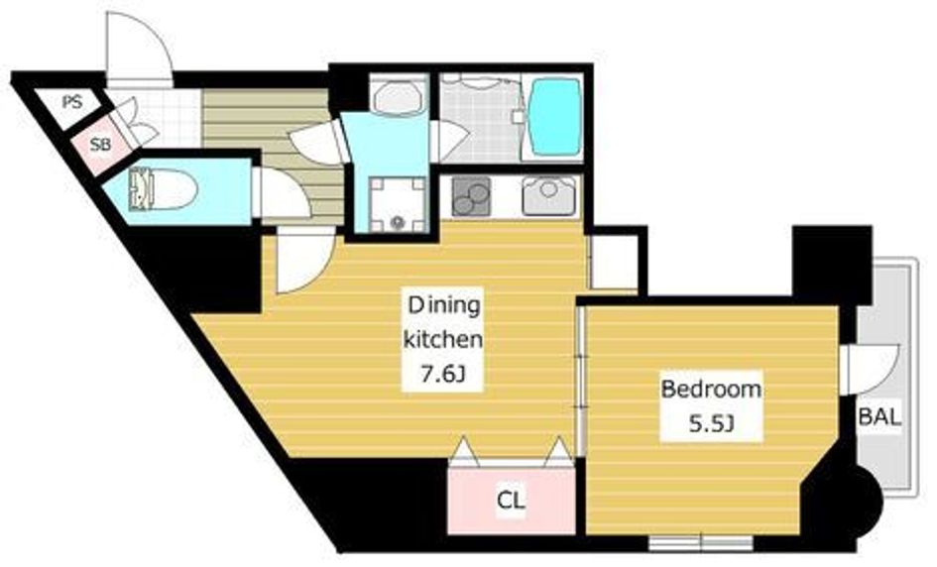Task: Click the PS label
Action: pyautogui.click(x=72, y=102)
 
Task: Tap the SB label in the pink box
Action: pyautogui.click(x=100, y=144)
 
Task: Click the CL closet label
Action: pyautogui.click(x=511, y=500)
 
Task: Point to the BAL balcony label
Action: pyautogui.click(x=879, y=416)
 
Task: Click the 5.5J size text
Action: pyautogui.click(x=711, y=423)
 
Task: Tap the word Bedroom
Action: pyautogui.click(x=711, y=389)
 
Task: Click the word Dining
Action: pyautogui.click(x=443, y=305)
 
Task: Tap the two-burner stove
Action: pyautogui.click(x=471, y=196)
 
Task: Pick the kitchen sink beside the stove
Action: pyautogui.click(x=549, y=196)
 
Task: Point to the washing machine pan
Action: pyautogui.click(x=398, y=204)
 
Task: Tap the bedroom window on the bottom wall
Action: pyautogui.click(x=700, y=543)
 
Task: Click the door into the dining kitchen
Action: pyautogui.click(x=304, y=263)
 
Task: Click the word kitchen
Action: pyautogui.click(x=443, y=339)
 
